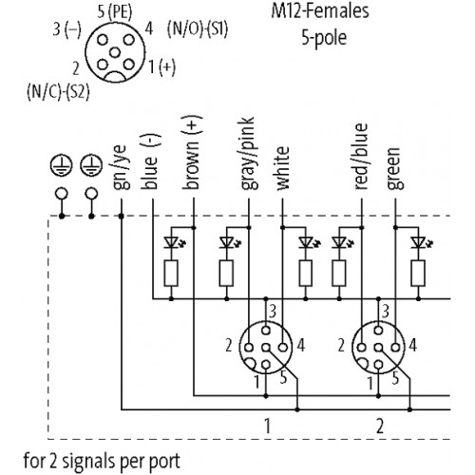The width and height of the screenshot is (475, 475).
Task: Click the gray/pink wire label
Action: (248, 154)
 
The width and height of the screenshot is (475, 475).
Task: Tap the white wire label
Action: (283, 168)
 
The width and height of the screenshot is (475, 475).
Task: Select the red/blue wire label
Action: (361, 157)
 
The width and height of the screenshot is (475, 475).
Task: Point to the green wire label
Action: (395, 168)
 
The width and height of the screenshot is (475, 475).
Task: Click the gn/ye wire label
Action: (121, 167)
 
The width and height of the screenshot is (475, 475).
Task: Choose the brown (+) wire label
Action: (193, 153)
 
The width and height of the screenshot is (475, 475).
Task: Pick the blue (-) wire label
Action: (151, 161)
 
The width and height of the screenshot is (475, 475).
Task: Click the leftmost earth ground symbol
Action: (62, 165)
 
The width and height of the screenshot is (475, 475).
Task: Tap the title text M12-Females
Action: (320, 10)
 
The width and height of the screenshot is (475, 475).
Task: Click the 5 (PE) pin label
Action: (115, 12)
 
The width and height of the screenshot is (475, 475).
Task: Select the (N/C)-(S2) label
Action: (58, 92)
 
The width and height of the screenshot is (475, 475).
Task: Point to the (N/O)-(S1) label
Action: (198, 29)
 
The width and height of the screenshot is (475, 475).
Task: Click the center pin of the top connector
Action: (115, 52)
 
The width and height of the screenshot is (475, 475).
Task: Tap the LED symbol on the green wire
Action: (419, 243)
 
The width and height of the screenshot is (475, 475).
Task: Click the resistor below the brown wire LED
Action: (171, 274)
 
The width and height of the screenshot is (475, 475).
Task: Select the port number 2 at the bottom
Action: (380, 427)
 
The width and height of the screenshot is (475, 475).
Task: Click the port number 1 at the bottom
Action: (268, 426)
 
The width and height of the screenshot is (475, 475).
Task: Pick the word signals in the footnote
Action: (90, 462)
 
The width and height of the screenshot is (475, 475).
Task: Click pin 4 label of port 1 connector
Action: (301, 345)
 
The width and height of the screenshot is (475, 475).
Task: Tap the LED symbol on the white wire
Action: (306, 243)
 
